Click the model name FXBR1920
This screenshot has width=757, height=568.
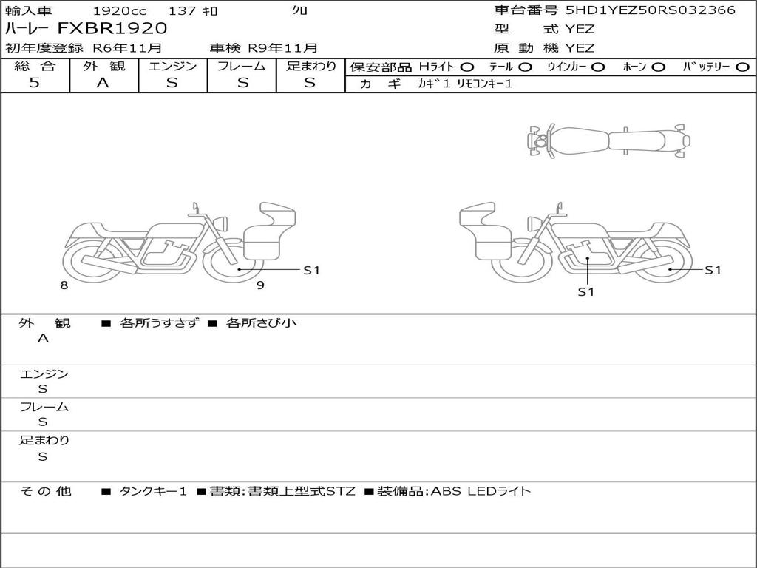point(112,28)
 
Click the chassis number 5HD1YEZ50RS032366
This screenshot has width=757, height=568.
point(651,10)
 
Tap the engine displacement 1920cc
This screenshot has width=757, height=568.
point(120,10)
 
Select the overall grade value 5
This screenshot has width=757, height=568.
point(34,82)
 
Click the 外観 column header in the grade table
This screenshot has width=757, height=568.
point(103,66)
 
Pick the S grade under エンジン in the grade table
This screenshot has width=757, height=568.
point(172,83)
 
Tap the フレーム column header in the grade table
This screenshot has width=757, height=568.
point(242,66)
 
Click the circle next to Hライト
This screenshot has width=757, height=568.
point(467,67)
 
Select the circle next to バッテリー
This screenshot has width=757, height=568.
point(742,67)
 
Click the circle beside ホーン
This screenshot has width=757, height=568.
point(658,67)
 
